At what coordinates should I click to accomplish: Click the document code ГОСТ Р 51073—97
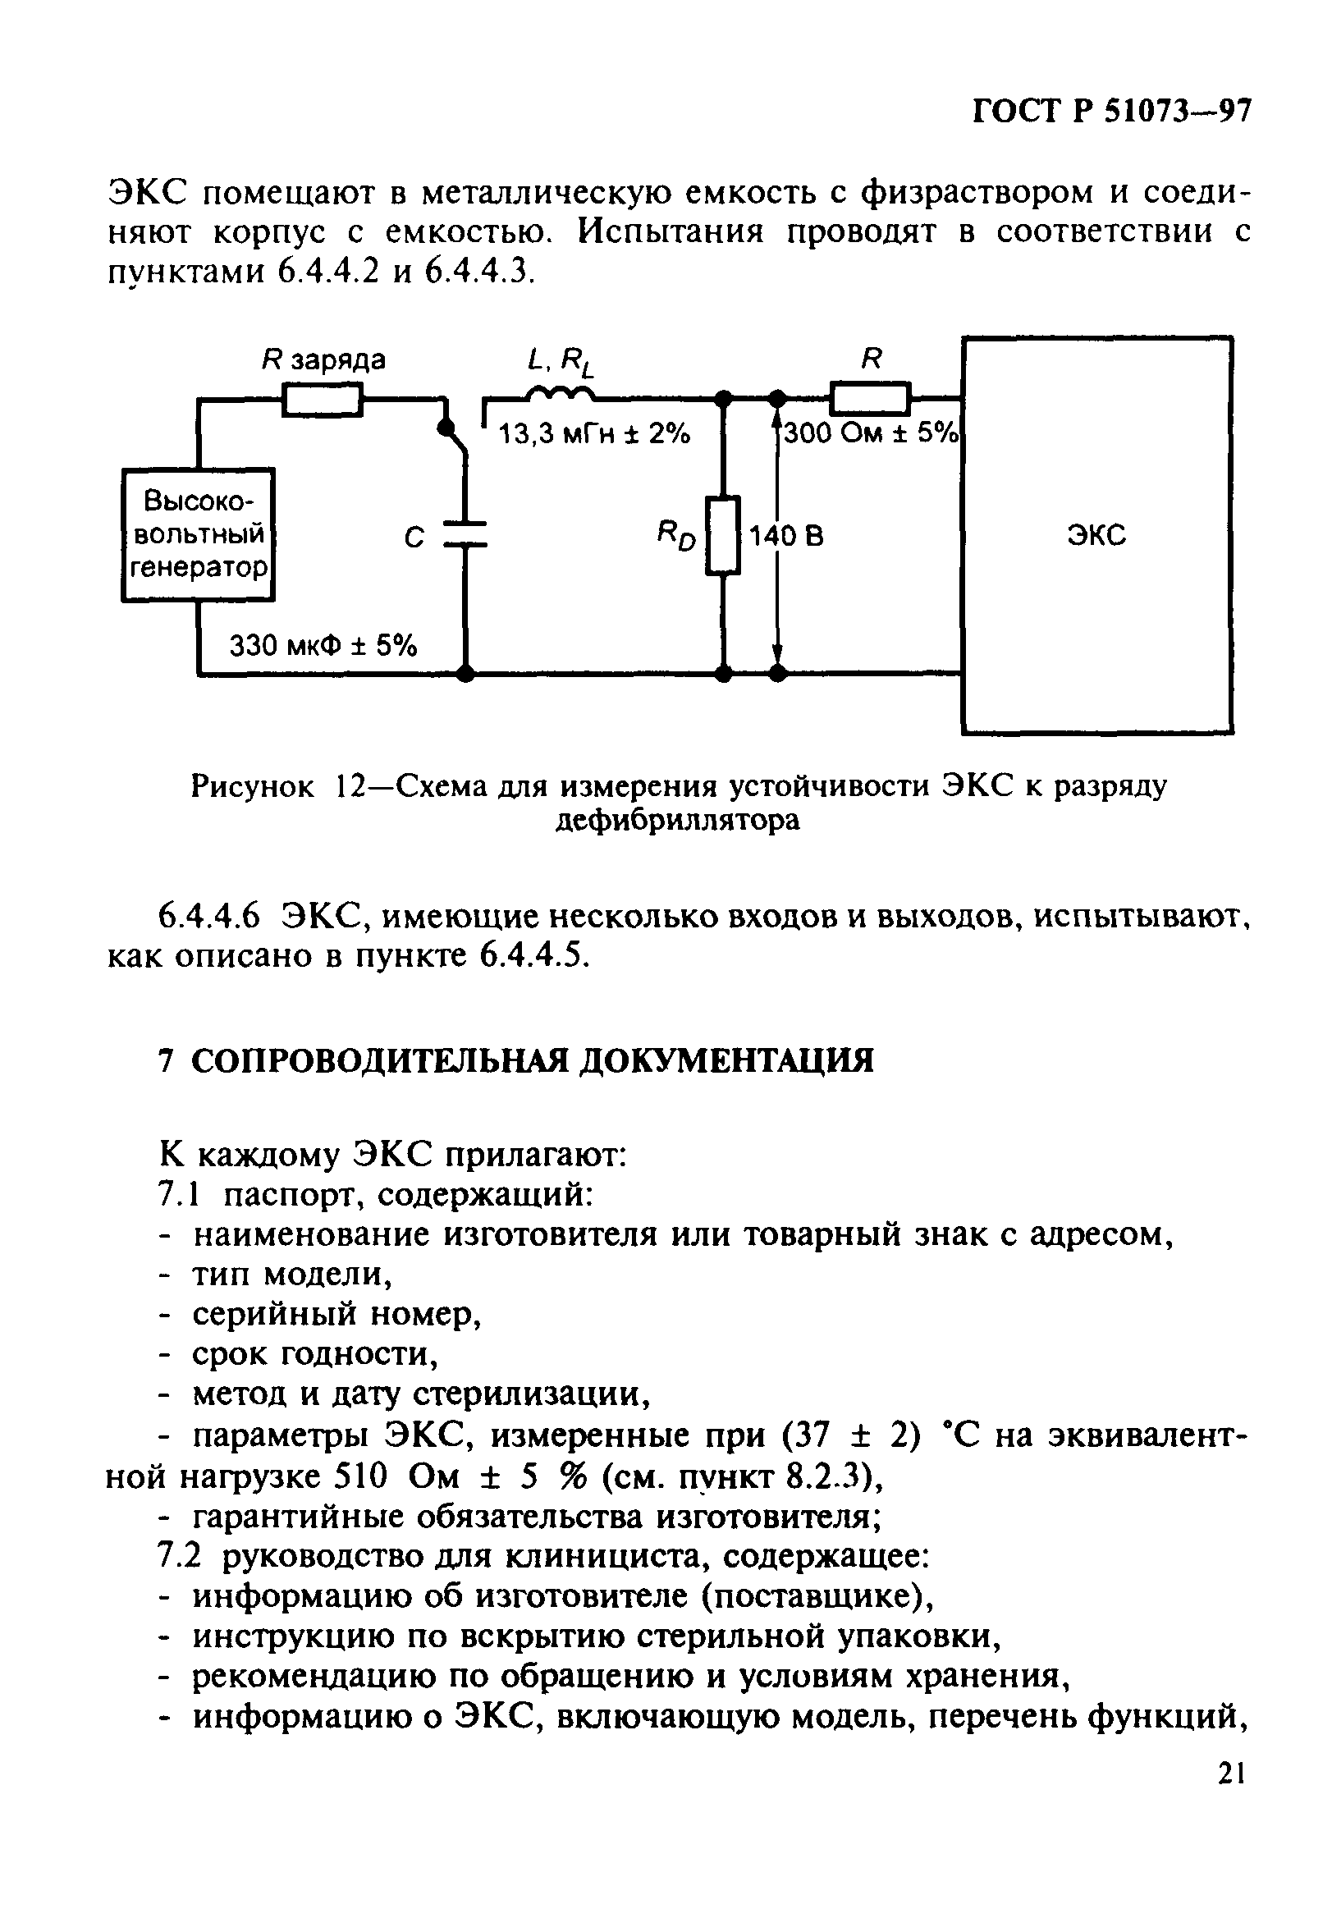click(1112, 112)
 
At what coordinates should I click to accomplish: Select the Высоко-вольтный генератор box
click(198, 534)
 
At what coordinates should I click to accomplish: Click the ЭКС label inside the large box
click(1096, 534)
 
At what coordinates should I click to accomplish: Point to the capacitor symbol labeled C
click(465, 534)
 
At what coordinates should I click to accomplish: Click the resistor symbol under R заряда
click(323, 399)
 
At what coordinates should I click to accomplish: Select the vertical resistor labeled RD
click(723, 535)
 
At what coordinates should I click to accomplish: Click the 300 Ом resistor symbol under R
click(870, 398)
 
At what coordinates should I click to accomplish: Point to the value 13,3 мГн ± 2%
click(594, 434)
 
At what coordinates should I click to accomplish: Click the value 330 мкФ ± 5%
click(323, 645)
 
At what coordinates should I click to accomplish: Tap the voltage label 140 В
click(786, 536)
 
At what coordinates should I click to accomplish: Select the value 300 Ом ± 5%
click(872, 433)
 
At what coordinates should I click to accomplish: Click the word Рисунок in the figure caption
click(253, 786)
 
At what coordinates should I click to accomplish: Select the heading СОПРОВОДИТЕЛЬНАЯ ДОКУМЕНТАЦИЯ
click(533, 1061)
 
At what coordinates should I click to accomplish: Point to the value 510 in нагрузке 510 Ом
click(360, 1476)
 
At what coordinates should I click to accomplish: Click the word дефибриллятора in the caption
click(678, 822)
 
